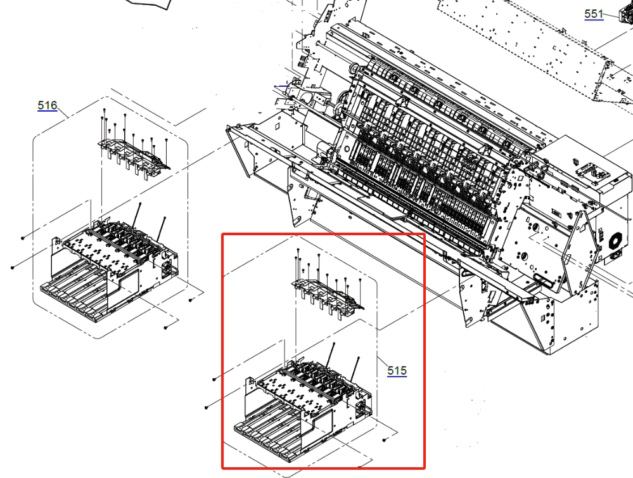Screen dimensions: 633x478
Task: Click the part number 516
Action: tap(48, 106)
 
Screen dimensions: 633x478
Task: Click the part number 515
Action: tap(397, 370)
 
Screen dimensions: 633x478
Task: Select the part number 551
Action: tap(594, 14)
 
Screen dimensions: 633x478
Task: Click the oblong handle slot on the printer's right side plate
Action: tap(542, 279)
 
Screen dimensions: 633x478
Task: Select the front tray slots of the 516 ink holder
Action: tap(75, 292)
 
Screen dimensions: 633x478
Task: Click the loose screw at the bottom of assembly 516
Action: tap(165, 327)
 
